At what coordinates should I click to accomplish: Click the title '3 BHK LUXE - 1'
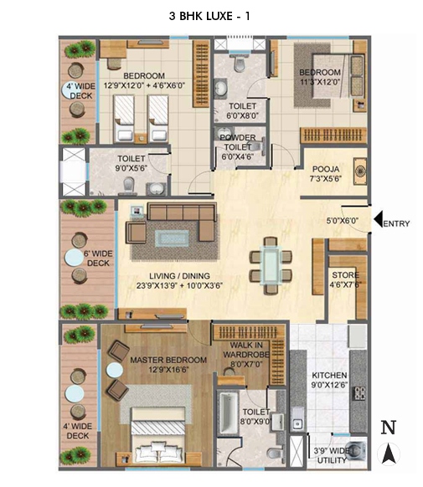click(209, 16)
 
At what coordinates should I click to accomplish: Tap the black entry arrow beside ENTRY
click(378, 220)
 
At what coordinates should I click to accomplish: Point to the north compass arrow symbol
click(389, 454)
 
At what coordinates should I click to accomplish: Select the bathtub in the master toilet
click(230, 413)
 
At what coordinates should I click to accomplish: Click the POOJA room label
click(326, 169)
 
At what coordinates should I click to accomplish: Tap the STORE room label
click(345, 275)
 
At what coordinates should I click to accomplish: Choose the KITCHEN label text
click(329, 375)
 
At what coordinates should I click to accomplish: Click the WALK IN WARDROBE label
click(246, 350)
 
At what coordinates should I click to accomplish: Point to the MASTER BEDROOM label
click(168, 361)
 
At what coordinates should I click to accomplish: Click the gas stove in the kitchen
click(359, 393)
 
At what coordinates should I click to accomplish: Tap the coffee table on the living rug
click(172, 238)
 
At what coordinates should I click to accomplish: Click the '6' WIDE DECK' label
click(98, 259)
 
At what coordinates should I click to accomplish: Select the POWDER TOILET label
click(237, 142)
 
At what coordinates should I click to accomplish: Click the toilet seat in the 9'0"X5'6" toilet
click(128, 186)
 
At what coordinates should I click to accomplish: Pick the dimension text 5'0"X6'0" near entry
click(343, 221)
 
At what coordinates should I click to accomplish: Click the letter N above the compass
click(389, 428)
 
